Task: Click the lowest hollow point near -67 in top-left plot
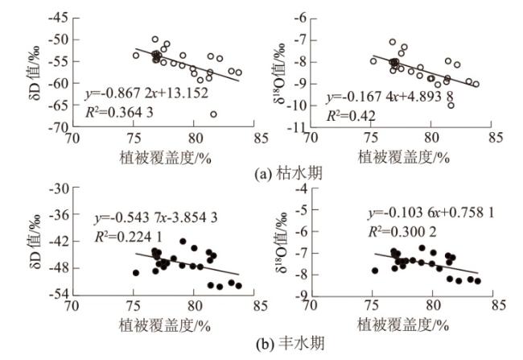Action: pos(213,114)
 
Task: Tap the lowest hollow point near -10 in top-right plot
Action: pos(451,106)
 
